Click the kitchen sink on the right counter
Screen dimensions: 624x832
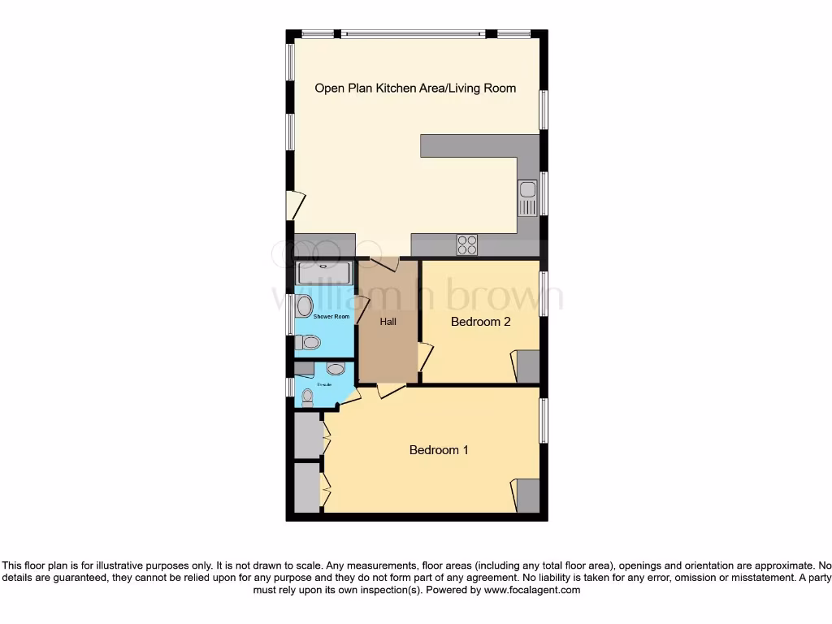point(528,197)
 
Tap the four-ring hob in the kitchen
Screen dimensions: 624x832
point(467,245)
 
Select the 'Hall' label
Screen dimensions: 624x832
point(388,322)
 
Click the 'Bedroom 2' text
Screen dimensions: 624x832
point(480,322)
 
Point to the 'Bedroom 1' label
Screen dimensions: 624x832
point(439,450)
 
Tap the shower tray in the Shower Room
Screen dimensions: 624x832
point(324,273)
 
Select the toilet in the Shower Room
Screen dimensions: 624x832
point(307,343)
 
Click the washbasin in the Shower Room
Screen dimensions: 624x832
point(303,306)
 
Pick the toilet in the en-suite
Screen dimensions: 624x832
point(307,397)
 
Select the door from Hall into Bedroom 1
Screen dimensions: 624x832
point(391,391)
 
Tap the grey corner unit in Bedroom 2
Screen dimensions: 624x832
point(528,366)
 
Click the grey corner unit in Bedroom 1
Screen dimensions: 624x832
point(528,496)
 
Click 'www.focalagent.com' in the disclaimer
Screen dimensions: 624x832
point(532,591)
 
